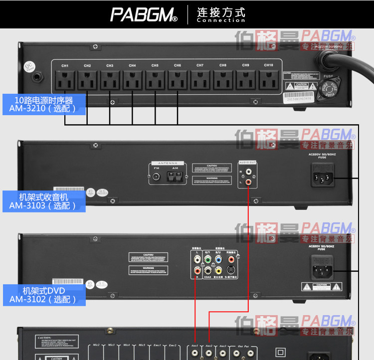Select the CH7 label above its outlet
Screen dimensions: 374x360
pos(200,65)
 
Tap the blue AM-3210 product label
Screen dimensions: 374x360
pos(44,105)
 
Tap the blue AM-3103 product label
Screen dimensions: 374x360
pos(44,201)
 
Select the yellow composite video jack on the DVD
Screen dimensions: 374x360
pos(218,270)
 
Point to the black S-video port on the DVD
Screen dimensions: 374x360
pos(230,270)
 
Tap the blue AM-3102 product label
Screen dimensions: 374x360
pos(44,295)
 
